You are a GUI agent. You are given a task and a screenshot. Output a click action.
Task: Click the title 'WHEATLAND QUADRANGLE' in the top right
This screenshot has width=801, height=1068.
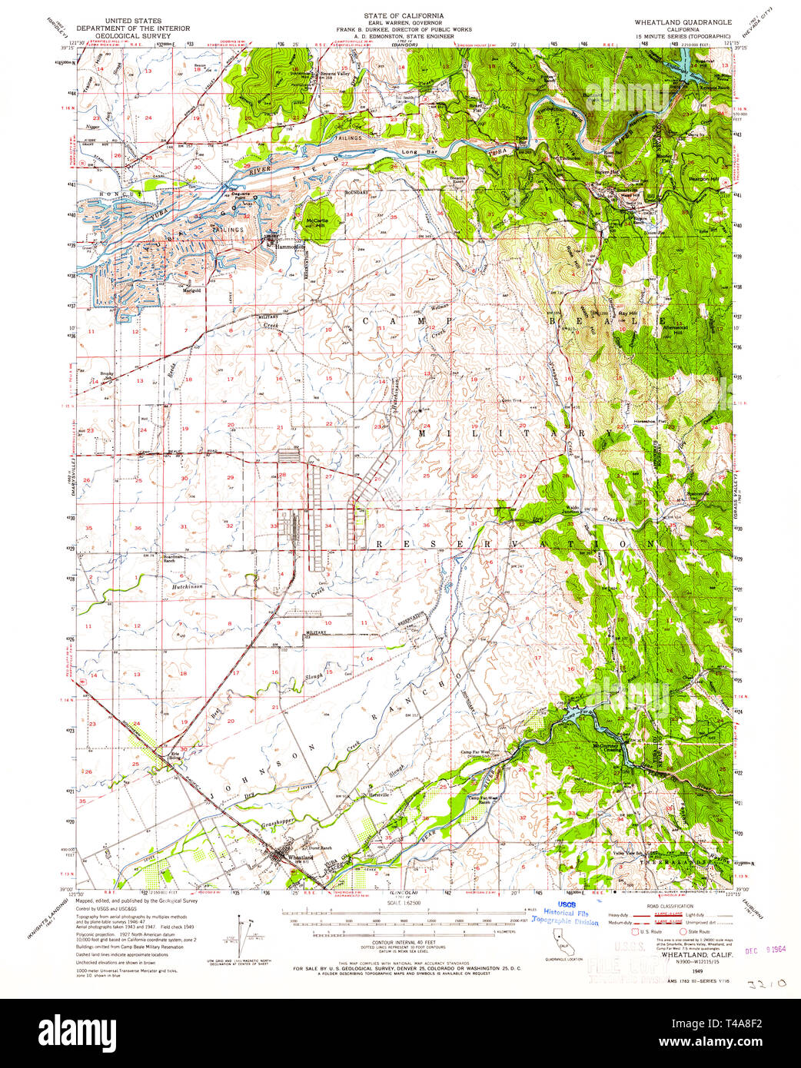[x=683, y=22]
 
